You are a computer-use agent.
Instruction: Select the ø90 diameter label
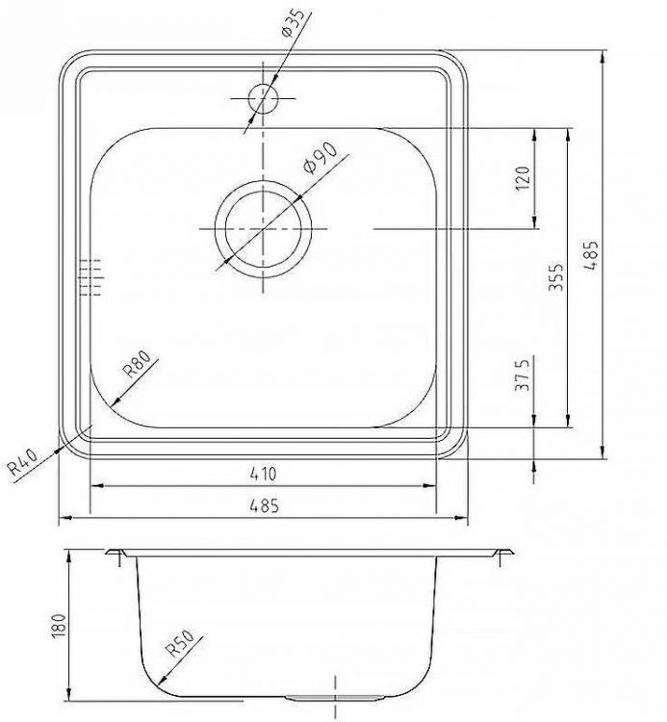pyautogui.click(x=319, y=157)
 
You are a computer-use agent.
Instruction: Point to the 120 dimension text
pyautogui.click(x=524, y=178)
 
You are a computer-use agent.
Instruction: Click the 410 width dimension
pyautogui.click(x=264, y=474)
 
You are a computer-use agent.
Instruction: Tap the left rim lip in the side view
pyautogui.click(x=117, y=554)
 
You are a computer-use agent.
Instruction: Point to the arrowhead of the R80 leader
pyautogui.click(x=114, y=401)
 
